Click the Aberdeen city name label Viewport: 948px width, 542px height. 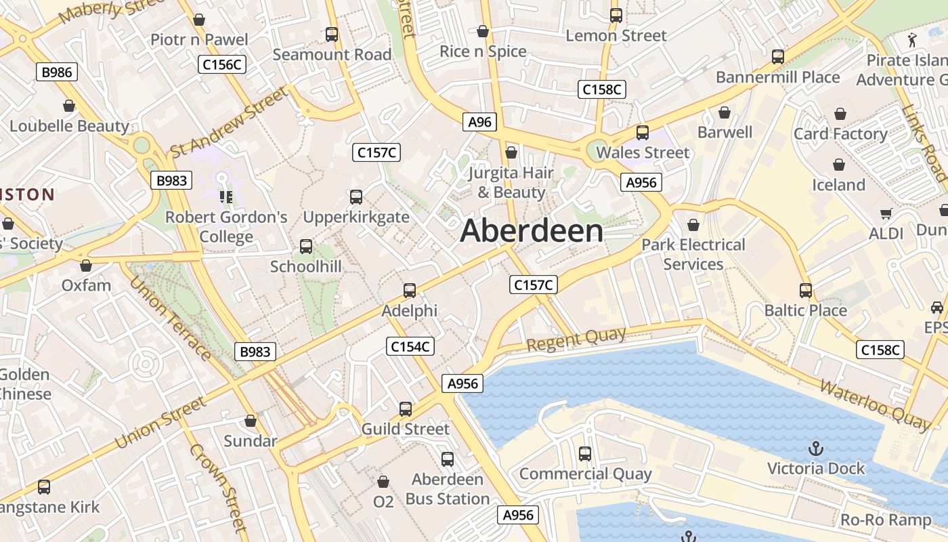pos(532,231)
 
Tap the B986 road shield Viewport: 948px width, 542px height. pos(57,72)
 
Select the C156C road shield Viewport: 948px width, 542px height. pos(222,64)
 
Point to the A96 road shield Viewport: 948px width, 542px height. pos(479,122)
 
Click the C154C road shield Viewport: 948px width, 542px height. pos(410,346)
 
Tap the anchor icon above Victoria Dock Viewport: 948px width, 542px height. pos(816,449)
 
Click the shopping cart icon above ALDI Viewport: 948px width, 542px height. pos(886,214)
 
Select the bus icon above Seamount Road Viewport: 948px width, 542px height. pos(332,34)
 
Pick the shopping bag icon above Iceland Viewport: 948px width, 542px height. pos(839,165)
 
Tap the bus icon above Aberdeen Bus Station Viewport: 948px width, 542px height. pos(447,459)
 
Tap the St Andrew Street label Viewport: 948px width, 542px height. pos(228,122)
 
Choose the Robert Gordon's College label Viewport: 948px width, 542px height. pos(226,227)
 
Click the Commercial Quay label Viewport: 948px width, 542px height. pos(585,474)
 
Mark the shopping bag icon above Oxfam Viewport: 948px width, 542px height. pos(86,266)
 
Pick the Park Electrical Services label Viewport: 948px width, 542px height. pos(693,254)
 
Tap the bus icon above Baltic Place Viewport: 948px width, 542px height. pos(806,291)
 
